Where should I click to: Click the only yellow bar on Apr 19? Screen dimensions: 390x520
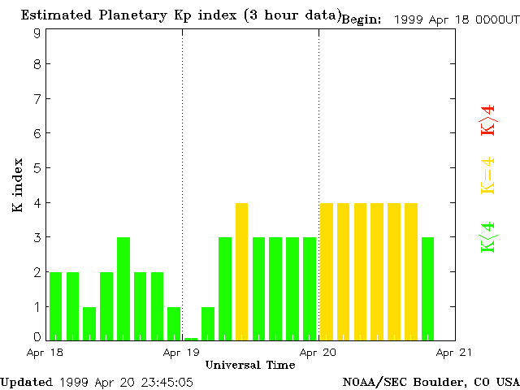pos(241,271)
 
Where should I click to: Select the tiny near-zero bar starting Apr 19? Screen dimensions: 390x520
pos(191,339)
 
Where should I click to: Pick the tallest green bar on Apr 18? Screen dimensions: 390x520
pos(123,288)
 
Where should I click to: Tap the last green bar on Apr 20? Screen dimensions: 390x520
pos(427,288)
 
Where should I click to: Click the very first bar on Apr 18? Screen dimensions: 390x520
pos(55,306)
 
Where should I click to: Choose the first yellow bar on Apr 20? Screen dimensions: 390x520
pos(327,271)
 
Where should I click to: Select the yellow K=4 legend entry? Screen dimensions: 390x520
pos(487,175)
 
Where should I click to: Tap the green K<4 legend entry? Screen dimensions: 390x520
pos(487,237)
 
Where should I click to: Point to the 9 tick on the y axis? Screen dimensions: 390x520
pos(37,33)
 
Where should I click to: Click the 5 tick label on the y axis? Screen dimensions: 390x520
pos(37,168)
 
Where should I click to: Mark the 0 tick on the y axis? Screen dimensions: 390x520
pos(37,336)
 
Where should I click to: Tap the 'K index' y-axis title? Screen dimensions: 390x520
pos(17,185)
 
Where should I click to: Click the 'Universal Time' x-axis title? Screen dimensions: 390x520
pos(249,365)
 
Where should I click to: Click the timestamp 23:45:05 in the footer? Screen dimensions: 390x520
pos(166,382)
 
